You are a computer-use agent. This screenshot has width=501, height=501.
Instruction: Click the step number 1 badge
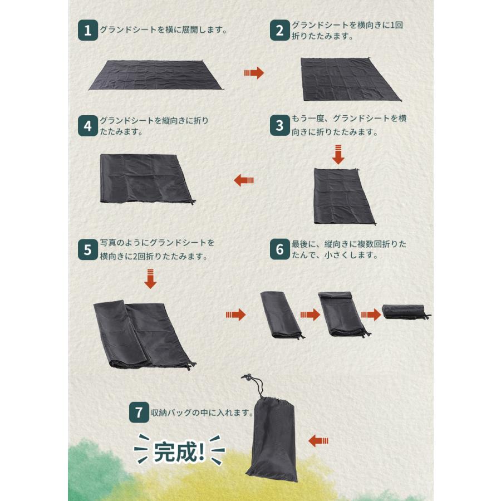coord(88,31)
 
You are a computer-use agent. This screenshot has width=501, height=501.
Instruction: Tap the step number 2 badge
coord(279,31)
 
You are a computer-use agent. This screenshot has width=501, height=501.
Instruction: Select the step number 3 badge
coord(279,125)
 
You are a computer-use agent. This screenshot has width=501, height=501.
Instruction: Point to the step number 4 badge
coord(88,126)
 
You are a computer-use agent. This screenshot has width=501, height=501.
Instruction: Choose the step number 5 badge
coord(88,250)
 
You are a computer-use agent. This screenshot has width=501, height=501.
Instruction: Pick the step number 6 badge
coord(279,249)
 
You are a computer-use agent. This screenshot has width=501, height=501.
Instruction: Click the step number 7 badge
coord(139,412)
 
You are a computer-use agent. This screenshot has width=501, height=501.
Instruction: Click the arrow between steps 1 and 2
coord(254,73)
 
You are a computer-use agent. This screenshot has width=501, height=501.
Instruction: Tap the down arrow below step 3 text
coord(338,155)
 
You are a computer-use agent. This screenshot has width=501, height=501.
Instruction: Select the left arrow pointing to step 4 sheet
coord(244,180)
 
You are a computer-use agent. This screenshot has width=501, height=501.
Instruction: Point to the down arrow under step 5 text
coord(150,279)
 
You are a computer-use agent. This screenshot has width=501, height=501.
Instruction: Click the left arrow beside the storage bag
coord(318,441)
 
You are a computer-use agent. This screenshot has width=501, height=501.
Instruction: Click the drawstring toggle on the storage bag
coord(247,377)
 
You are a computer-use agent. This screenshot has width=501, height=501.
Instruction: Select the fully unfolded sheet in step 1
coord(156,75)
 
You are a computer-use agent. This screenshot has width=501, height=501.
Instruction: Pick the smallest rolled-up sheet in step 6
coord(405,312)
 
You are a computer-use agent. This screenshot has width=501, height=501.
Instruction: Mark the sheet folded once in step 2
coord(351,79)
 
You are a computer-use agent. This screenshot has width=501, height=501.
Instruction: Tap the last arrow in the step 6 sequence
coord(371,315)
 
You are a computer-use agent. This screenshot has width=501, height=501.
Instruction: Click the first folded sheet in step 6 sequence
coord(281,315)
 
